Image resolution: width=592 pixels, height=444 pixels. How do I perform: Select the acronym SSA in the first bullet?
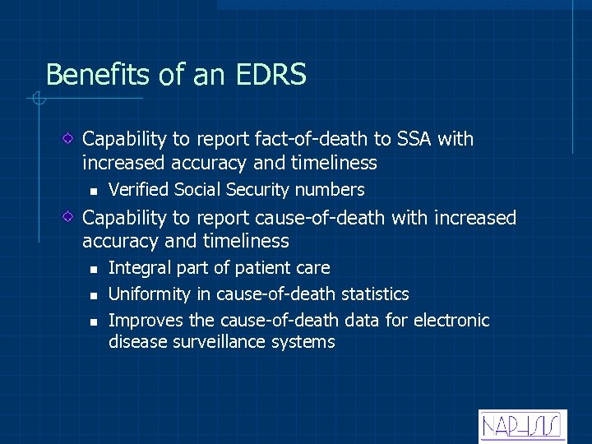pyautogui.click(x=405, y=139)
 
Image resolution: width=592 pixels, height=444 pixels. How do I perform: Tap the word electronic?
pyautogui.click(x=451, y=321)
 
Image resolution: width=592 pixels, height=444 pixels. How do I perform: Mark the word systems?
pyautogui.click(x=307, y=342)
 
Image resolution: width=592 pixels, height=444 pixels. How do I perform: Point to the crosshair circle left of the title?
pyautogui.click(x=37, y=100)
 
